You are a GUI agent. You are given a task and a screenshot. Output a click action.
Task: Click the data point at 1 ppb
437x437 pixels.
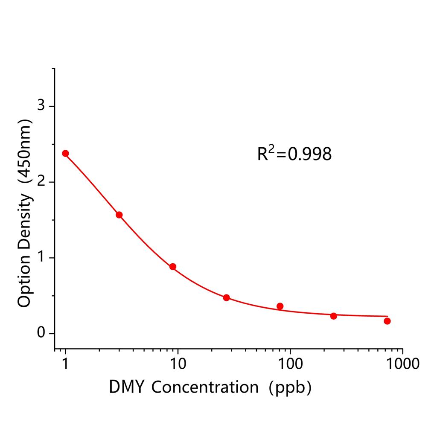click(65, 153)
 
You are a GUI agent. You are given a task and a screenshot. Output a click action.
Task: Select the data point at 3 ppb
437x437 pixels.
click(119, 215)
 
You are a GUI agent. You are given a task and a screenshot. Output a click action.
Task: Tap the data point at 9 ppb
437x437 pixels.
click(173, 267)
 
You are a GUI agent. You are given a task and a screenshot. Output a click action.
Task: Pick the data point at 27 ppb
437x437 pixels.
click(226, 297)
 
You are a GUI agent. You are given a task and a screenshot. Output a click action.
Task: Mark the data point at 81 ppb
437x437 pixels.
click(280, 306)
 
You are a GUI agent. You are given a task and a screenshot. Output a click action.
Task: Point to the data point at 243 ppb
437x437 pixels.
click(333, 316)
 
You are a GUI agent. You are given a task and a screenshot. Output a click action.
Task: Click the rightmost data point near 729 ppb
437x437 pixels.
click(387, 321)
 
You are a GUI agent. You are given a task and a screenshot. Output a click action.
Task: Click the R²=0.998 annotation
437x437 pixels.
click(294, 154)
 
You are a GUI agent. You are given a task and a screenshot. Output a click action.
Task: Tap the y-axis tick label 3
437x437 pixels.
click(41, 106)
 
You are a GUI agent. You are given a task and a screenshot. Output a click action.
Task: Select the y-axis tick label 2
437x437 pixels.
click(41, 182)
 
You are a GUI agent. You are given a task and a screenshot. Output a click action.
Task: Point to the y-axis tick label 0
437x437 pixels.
click(41, 333)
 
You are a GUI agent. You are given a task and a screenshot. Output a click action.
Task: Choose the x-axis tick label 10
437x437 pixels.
click(178, 364)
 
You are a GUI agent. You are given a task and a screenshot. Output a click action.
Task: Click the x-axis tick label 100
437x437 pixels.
click(290, 364)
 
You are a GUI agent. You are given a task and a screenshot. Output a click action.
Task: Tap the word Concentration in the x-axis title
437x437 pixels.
click(205, 387)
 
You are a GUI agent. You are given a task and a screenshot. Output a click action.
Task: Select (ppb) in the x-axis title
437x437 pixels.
click(291, 387)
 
